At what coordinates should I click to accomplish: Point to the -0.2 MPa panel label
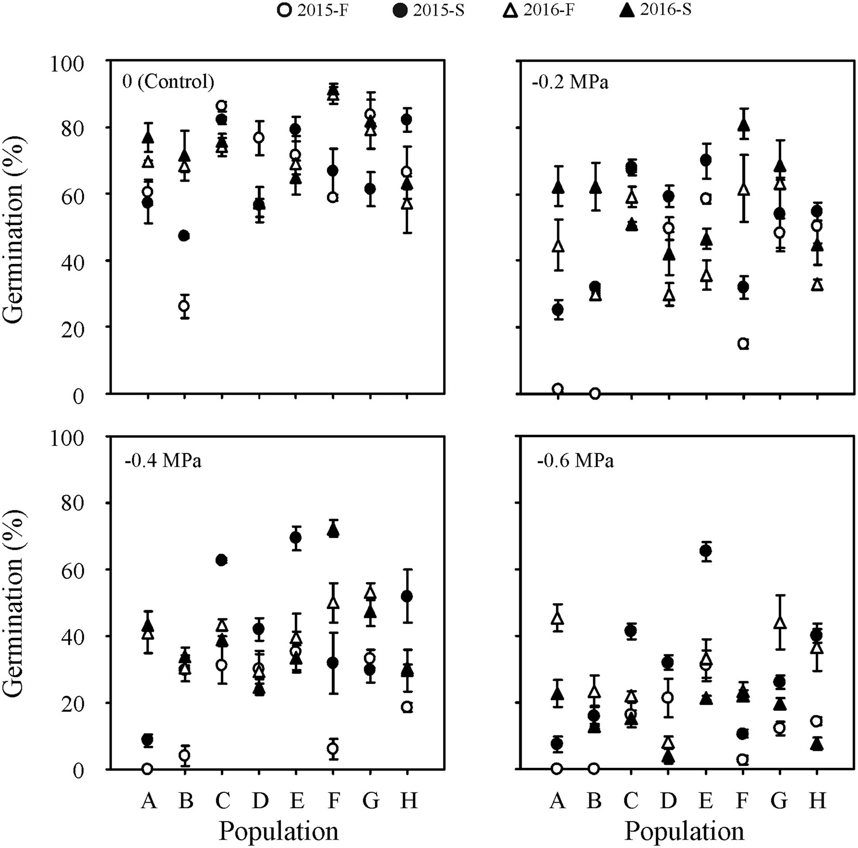(569, 82)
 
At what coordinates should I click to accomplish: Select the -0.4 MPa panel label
(163, 461)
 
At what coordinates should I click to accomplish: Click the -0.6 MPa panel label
(575, 461)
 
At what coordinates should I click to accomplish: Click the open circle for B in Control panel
(184, 306)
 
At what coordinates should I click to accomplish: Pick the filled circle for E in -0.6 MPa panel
(706, 551)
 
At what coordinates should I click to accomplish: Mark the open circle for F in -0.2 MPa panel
(743, 343)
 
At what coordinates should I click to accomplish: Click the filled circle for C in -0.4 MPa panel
(222, 560)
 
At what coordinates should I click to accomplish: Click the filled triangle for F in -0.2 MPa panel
(744, 125)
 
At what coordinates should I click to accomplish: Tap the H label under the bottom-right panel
(817, 801)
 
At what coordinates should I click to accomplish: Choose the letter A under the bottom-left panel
(149, 801)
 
